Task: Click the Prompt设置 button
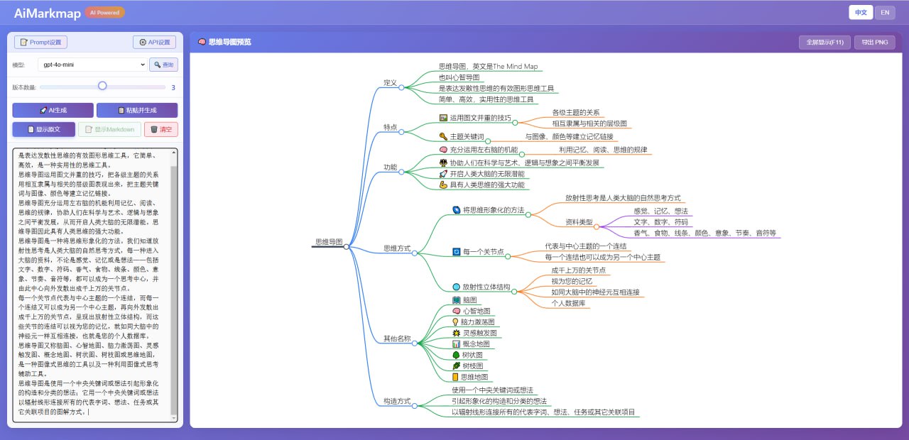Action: pyautogui.click(x=40, y=43)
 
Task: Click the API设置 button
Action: pyautogui.click(x=154, y=43)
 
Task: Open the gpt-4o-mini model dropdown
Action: pyautogui.click(x=92, y=65)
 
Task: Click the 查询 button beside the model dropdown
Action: pyautogui.click(x=163, y=65)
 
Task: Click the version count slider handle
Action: pyautogui.click(x=102, y=86)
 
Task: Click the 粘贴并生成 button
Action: pyautogui.click(x=137, y=110)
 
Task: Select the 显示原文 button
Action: pyautogui.click(x=43, y=129)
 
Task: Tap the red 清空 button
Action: pyautogui.click(x=160, y=129)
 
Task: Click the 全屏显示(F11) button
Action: pyautogui.click(x=824, y=43)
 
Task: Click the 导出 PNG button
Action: pyautogui.click(x=874, y=43)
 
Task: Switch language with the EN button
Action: pyautogui.click(x=884, y=12)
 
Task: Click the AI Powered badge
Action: pyautogui.click(x=104, y=12)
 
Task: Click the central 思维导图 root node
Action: pyautogui.click(x=329, y=242)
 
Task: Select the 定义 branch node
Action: pyautogui.click(x=390, y=82)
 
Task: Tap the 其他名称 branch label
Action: pyautogui.click(x=397, y=339)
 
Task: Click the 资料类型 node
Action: pyautogui.click(x=579, y=222)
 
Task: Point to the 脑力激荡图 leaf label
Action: pyautogui.click(x=478, y=321)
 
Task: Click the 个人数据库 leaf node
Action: pyautogui.click(x=568, y=303)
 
